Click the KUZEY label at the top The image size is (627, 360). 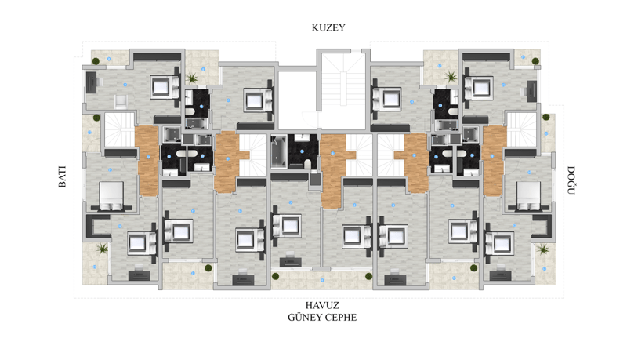(328, 27)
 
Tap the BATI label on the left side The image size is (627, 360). (63, 176)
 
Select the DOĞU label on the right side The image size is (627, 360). (571, 180)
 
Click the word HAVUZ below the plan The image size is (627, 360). (322, 306)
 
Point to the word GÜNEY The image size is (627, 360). (303, 317)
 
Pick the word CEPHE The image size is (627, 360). (340, 318)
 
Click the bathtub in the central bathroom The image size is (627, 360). (279, 151)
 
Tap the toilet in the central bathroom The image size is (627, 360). (307, 164)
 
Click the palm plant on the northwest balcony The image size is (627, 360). (192, 77)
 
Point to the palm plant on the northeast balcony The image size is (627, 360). (451, 76)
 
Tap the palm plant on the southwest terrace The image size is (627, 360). (103, 249)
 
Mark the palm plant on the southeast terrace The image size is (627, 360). (543, 249)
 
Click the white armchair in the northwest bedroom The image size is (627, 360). (121, 101)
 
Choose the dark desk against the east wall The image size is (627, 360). (531, 91)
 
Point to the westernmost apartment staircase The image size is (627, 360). (120, 130)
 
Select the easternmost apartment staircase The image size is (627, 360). (521, 130)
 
